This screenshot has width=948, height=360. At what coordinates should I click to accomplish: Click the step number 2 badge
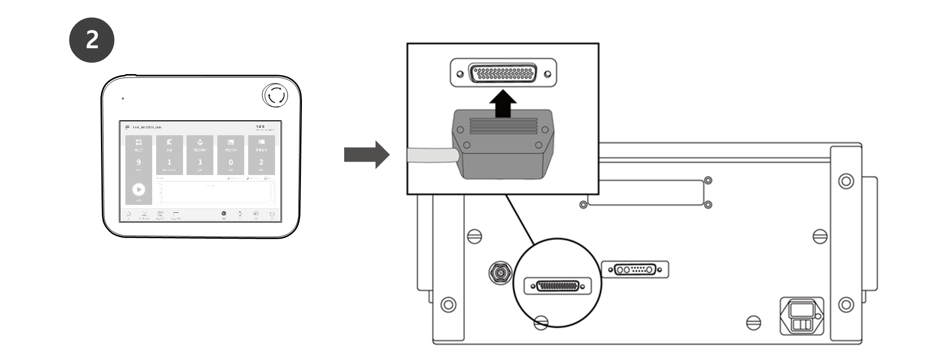(x=92, y=40)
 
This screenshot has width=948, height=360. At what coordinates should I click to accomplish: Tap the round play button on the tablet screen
(x=139, y=189)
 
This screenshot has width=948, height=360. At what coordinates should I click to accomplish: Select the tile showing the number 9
(x=139, y=155)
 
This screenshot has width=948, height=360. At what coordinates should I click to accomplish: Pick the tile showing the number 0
(x=231, y=155)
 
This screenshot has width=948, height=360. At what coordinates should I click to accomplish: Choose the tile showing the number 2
(x=261, y=155)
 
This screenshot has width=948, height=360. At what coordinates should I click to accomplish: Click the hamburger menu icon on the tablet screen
(x=127, y=128)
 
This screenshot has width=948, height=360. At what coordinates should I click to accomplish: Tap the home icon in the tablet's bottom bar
(x=128, y=214)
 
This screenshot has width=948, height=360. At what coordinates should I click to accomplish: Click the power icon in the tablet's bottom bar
(x=272, y=214)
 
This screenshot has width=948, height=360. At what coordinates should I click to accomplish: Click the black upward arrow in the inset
(x=503, y=103)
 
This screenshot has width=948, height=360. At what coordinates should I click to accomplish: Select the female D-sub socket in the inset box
(x=503, y=74)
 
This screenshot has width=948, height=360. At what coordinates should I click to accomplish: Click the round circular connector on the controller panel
(x=499, y=272)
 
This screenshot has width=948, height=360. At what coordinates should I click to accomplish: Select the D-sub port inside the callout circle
(x=558, y=286)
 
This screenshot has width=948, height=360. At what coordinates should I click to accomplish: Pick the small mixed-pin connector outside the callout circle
(x=635, y=270)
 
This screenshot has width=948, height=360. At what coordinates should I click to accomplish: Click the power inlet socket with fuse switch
(x=802, y=316)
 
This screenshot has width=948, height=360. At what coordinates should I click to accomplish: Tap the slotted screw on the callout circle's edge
(x=541, y=323)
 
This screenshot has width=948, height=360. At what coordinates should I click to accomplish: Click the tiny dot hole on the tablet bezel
(x=123, y=98)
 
